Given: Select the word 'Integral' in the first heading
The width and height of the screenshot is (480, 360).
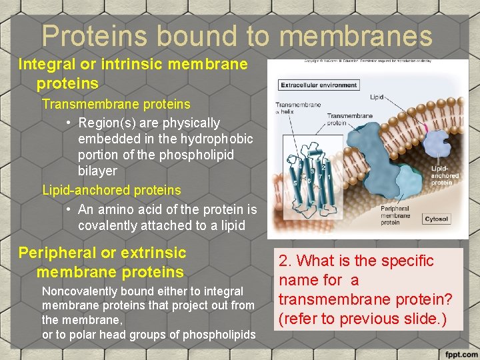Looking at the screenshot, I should coord(47,65).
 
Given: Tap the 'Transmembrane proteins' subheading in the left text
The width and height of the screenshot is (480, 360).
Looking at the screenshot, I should coord(116,104).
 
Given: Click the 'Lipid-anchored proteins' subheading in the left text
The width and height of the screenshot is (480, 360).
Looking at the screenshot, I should coord(111,190).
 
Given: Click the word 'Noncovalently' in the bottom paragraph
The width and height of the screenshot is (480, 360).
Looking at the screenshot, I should coord(80,291).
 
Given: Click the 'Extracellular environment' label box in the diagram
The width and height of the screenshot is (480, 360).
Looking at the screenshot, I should coord(319,85).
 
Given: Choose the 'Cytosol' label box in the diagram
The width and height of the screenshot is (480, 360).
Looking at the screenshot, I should coord(437,219).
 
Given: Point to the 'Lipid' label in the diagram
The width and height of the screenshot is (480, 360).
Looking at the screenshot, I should coord(377,97).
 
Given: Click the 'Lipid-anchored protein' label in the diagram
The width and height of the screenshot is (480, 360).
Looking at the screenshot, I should coord(444,176).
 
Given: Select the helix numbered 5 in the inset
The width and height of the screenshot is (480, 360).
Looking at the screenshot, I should coord(295,183).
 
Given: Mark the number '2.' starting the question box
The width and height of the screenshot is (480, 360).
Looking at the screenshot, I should coord(287,261).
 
